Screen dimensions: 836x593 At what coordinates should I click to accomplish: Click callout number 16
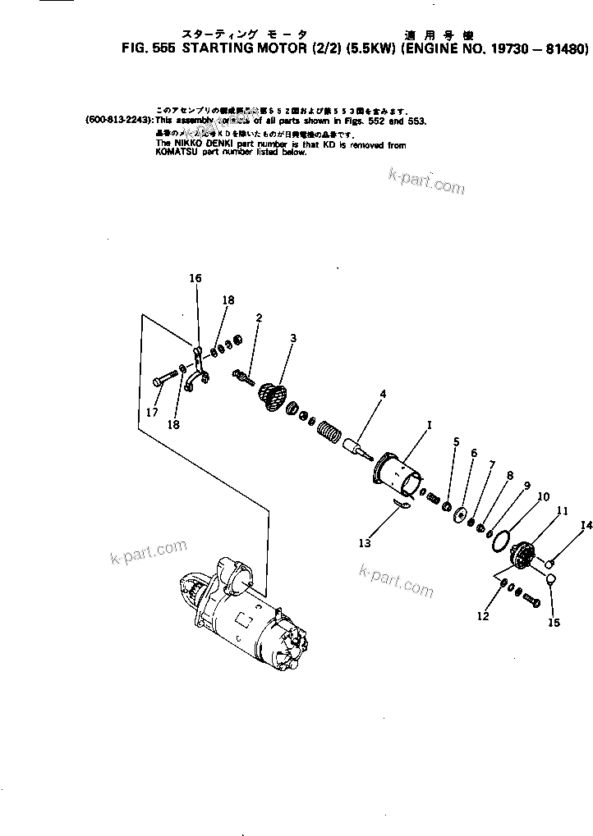click(195, 279)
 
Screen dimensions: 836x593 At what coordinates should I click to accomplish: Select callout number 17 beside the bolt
click(152, 413)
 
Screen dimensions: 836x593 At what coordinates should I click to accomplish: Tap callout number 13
click(364, 542)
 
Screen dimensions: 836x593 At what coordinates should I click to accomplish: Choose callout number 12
click(482, 615)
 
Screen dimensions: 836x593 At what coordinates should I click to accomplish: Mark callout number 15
click(554, 623)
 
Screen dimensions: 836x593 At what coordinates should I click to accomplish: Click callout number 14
click(586, 526)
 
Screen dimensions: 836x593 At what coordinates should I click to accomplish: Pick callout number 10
click(543, 497)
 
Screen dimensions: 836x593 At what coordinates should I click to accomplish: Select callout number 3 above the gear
click(293, 338)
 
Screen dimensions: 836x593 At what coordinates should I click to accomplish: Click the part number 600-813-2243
click(117, 119)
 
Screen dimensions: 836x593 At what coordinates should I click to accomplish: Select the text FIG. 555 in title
click(149, 49)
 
